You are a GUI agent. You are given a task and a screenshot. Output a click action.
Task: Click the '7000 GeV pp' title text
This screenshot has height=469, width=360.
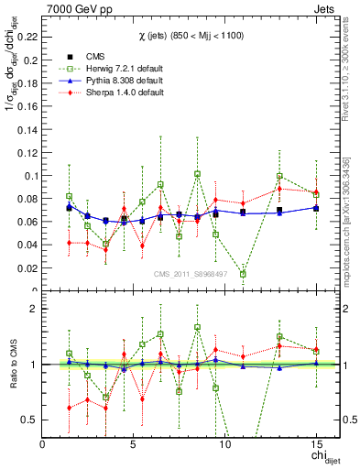coord(76,8)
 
